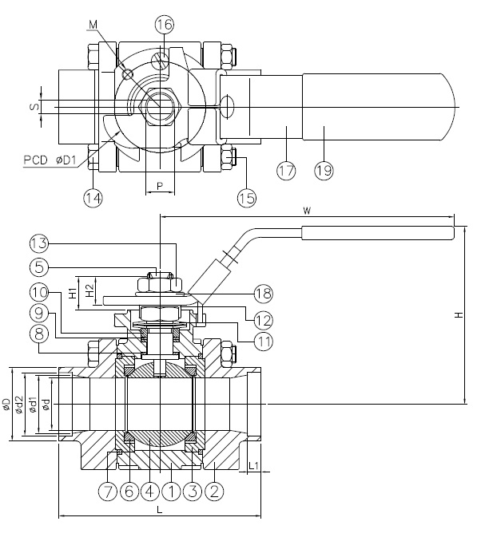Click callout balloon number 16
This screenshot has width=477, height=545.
[x=164, y=25]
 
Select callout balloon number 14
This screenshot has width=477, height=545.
[x=93, y=197]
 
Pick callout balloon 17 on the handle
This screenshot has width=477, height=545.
[x=286, y=170]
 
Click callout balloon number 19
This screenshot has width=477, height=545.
[x=324, y=170]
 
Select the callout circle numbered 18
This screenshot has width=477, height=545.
[x=264, y=292]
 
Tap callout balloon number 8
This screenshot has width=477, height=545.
[x=39, y=336]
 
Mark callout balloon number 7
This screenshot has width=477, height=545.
[x=109, y=492]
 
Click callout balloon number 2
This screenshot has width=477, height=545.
[x=213, y=492]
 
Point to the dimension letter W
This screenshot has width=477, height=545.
[x=307, y=211]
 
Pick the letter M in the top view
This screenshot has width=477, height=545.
[x=94, y=25]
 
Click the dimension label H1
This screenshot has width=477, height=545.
[x=73, y=293]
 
